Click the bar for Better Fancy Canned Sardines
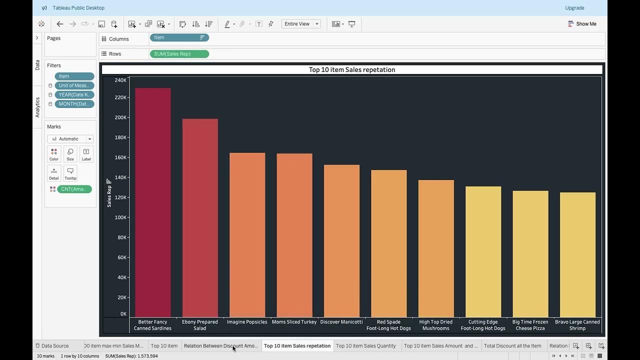[x=152, y=202]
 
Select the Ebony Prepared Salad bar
[x=200, y=217]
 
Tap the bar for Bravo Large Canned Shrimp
[x=577, y=254]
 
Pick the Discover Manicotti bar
[x=341, y=240]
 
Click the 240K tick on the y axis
[x=120, y=80]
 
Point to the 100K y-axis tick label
[x=120, y=217]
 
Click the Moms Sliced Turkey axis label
[x=294, y=322]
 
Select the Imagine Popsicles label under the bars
[x=247, y=322]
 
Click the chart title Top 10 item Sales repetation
[x=352, y=70]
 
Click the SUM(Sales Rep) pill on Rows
[x=179, y=54]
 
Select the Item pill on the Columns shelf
[x=179, y=37]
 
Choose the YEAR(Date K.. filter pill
[x=74, y=95]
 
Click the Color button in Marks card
[x=54, y=154]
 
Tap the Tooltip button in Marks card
[x=70, y=173]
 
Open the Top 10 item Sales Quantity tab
[x=365, y=345]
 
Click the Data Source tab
[x=54, y=345]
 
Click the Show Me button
[x=582, y=24]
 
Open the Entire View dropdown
[x=301, y=24]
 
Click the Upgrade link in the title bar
[x=574, y=8]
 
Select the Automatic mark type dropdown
[x=70, y=139]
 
